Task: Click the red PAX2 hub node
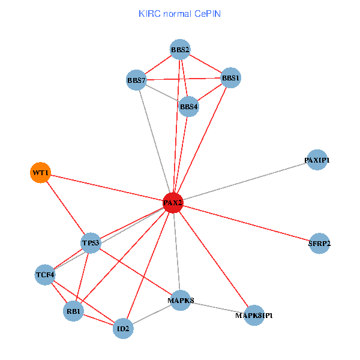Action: coord(173,203)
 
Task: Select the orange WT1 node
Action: coord(40,173)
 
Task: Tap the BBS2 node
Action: coord(180,49)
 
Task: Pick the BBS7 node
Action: coord(137,80)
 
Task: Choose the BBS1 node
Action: coord(231,77)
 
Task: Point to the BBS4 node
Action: coord(188,107)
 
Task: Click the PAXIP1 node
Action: coord(316,160)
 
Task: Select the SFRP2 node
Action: coord(319,243)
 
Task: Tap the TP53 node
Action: coord(91,242)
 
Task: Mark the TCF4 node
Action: coord(45,275)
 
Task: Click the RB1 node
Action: coord(73,311)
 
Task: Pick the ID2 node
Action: coord(123,328)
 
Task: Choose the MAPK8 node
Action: coord(181,300)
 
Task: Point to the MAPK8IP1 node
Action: coord(254,315)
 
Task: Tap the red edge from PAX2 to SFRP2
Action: coord(246,223)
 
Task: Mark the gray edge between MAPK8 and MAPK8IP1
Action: coord(217,307)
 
